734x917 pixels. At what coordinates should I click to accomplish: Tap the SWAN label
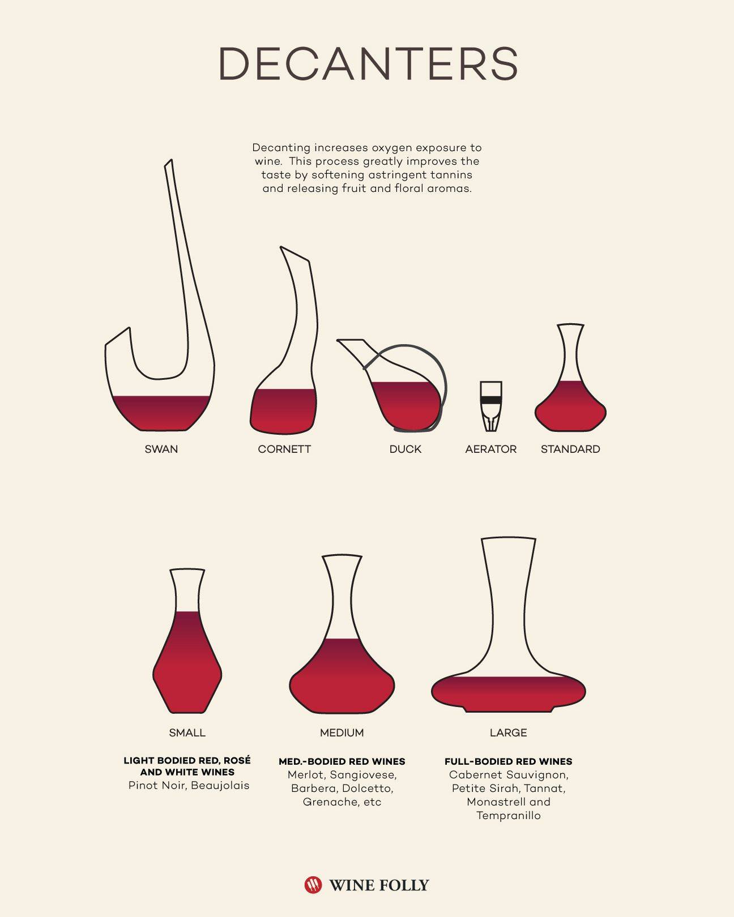(161, 449)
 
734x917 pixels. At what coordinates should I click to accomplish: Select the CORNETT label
(284, 449)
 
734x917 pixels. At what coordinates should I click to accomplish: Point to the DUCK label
(405, 449)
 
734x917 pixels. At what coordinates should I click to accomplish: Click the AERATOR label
(491, 449)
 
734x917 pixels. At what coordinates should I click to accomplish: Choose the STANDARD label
(570, 449)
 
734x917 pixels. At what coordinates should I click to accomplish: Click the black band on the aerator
(491, 400)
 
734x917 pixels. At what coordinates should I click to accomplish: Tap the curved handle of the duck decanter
(443, 375)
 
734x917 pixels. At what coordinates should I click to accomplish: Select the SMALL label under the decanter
(187, 733)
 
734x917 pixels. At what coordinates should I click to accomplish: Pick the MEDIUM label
(342, 733)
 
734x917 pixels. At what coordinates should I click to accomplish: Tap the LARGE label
(509, 733)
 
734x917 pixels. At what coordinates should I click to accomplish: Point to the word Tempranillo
(509, 816)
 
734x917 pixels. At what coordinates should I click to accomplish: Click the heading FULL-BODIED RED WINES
(509, 761)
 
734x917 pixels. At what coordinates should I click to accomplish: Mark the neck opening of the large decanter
(509, 539)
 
